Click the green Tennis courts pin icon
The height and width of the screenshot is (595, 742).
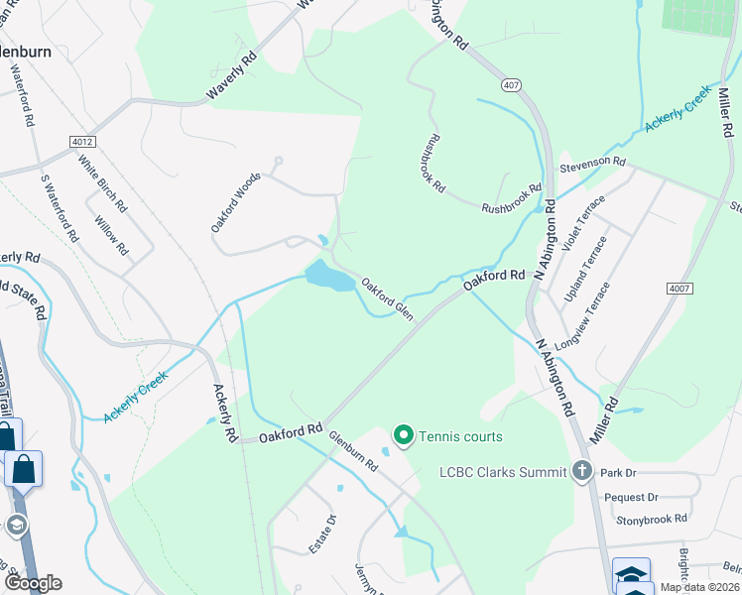[x=404, y=435]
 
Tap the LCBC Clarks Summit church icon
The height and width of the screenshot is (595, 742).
[x=582, y=469]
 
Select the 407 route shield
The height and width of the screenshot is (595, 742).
[x=512, y=86]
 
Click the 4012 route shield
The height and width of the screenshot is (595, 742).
[x=83, y=143]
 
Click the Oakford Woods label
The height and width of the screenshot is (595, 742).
[x=235, y=202]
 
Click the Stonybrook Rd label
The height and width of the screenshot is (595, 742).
[x=652, y=519]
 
